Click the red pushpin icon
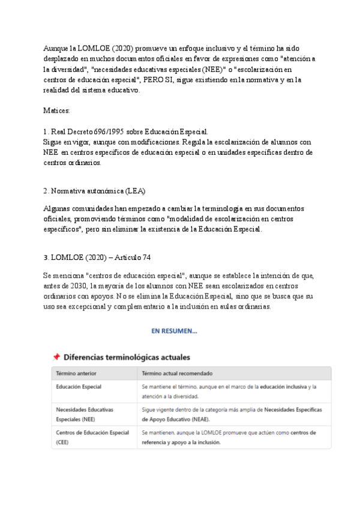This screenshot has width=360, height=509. click(56, 357)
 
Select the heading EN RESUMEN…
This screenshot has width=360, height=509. click(174, 331)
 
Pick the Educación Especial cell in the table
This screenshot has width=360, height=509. click(79, 387)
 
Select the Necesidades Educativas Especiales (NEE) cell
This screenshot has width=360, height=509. click(85, 414)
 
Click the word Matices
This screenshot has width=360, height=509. click(56, 111)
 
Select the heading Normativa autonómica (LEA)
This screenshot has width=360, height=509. click(98, 190)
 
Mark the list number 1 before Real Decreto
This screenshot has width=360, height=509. click(46, 131)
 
